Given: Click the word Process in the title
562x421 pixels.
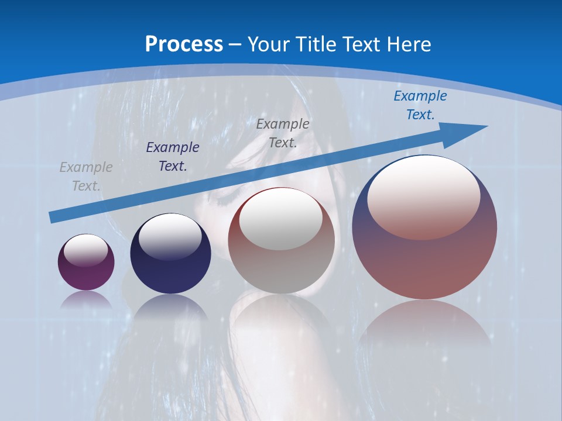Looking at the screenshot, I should point(184,44).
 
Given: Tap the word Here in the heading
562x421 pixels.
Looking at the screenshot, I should point(408,44).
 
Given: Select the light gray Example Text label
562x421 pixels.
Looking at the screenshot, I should point(86,177).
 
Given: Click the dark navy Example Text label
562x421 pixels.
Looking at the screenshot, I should point(173,157).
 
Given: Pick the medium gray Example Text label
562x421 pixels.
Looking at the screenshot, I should point(283,133).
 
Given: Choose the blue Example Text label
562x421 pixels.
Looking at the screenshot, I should point(420,105).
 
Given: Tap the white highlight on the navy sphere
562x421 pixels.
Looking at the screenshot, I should point(170,236).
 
